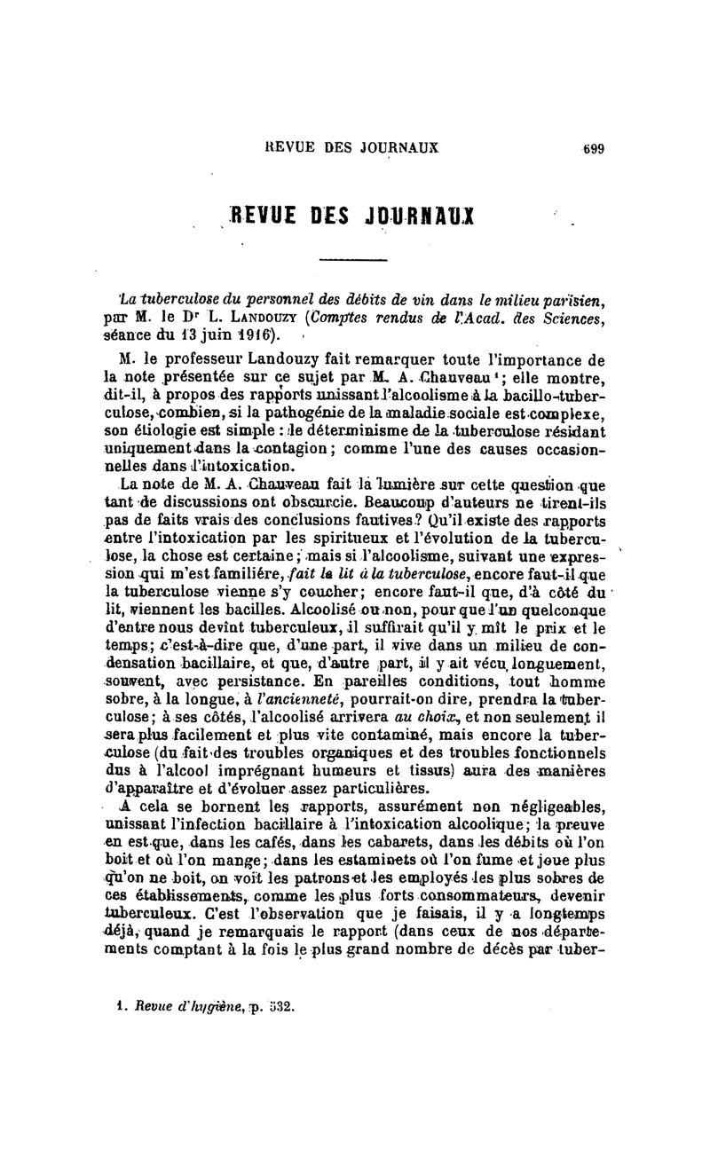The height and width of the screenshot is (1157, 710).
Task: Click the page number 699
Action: coord(593,149)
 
